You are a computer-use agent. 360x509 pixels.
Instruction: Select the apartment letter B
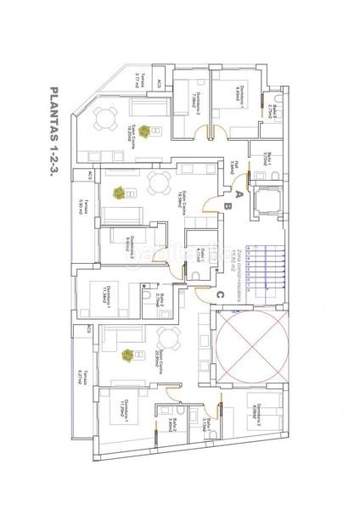(226, 204)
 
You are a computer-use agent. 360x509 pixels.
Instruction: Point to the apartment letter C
(221, 294)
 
